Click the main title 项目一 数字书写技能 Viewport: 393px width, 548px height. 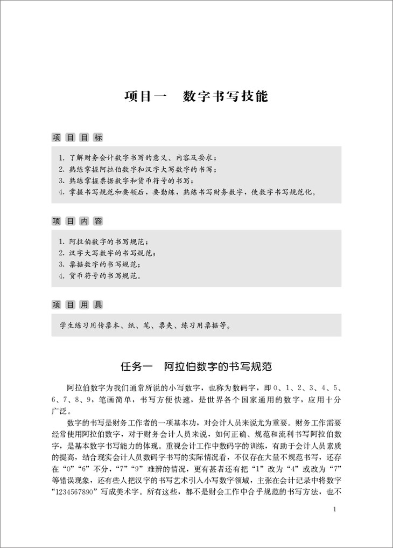pos(196,97)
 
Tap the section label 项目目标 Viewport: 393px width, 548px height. pos(76,137)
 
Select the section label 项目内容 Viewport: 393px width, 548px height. pos(76,221)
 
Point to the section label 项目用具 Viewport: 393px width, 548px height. pos(76,305)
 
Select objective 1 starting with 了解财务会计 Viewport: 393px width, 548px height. pos(138,158)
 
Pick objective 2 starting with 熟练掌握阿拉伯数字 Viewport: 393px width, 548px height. pos(138,169)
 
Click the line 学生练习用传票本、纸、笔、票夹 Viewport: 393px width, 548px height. pos(146,325)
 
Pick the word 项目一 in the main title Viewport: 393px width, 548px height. pos(145,97)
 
